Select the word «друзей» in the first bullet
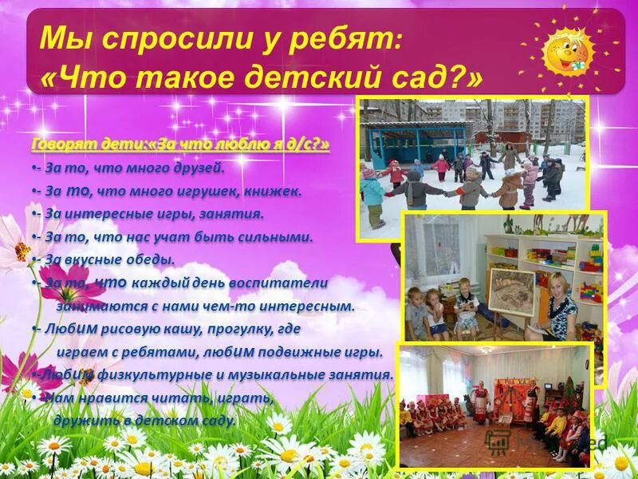click(x=202, y=168)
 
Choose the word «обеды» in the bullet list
click(x=152, y=259)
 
